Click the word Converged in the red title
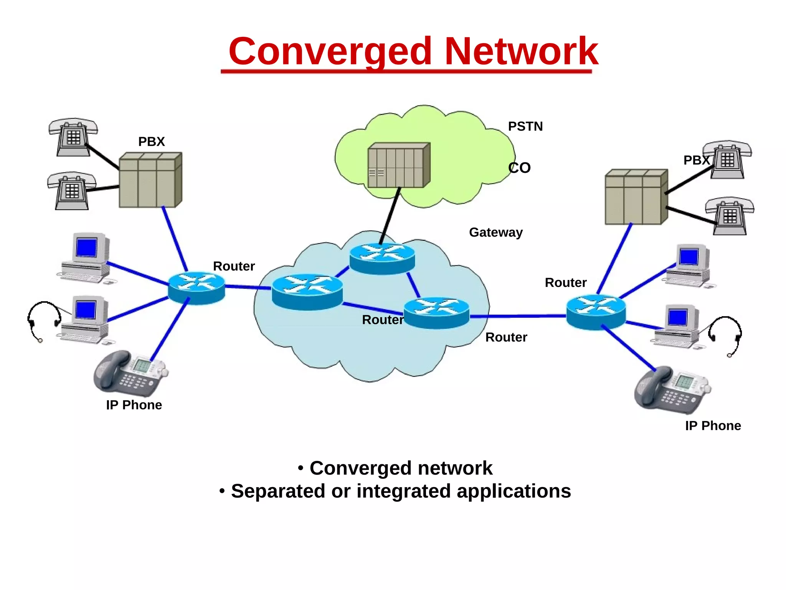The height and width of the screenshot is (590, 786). [x=330, y=52]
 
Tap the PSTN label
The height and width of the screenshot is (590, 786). [x=525, y=126]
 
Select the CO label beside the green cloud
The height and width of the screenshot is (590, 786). [x=519, y=168]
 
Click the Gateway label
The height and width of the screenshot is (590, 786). [x=495, y=232]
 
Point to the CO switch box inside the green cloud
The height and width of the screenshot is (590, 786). [x=398, y=166]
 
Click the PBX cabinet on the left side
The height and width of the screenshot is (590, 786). [x=150, y=180]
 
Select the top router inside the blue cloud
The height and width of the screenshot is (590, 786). [x=382, y=259]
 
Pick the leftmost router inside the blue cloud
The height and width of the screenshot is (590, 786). [x=307, y=292]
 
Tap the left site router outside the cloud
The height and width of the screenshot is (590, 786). [x=196, y=288]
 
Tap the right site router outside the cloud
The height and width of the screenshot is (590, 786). [x=596, y=312]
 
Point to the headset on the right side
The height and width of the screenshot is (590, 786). [x=726, y=334]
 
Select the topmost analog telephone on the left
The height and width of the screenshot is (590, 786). [x=73, y=136]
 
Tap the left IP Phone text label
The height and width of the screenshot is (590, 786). [x=134, y=405]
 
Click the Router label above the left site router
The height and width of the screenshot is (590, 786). [x=234, y=266]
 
